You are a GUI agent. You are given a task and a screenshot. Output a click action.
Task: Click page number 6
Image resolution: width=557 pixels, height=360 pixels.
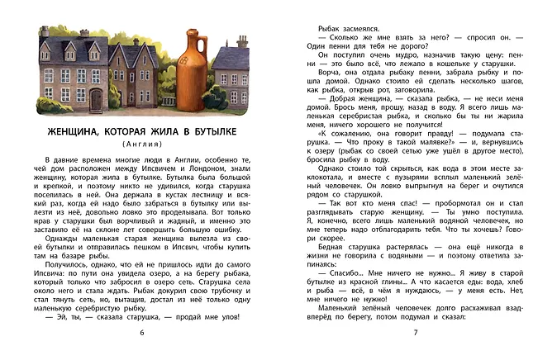[x=142, y=332]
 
